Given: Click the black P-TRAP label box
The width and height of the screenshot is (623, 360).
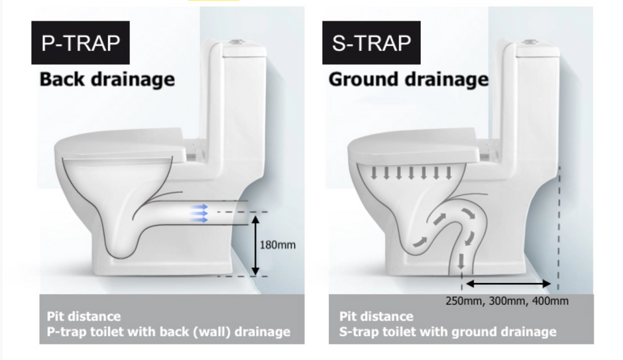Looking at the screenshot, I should (x=80, y=43).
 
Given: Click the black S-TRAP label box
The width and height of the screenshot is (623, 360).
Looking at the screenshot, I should (x=371, y=43).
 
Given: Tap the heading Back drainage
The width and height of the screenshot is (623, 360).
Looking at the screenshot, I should (x=107, y=79).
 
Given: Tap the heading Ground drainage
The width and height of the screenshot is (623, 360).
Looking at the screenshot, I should (x=408, y=79).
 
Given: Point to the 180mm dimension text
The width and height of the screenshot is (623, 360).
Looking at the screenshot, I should (x=278, y=245).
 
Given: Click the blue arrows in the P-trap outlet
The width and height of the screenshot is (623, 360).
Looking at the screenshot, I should (x=199, y=213).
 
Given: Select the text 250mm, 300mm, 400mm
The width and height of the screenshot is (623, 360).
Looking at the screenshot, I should (x=507, y=301).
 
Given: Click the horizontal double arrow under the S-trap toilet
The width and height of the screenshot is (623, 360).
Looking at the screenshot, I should (x=508, y=284).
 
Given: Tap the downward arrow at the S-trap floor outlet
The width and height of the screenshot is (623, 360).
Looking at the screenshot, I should (x=461, y=268).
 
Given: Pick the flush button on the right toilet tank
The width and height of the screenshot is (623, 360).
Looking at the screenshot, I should (x=528, y=42).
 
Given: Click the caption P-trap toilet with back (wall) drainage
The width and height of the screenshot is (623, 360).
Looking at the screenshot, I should (x=168, y=331).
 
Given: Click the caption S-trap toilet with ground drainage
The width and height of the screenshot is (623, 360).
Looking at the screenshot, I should (x=448, y=331).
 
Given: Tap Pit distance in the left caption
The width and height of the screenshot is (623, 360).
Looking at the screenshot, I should (x=84, y=316).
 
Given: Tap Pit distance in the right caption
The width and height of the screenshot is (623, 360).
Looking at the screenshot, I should (x=376, y=316).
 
